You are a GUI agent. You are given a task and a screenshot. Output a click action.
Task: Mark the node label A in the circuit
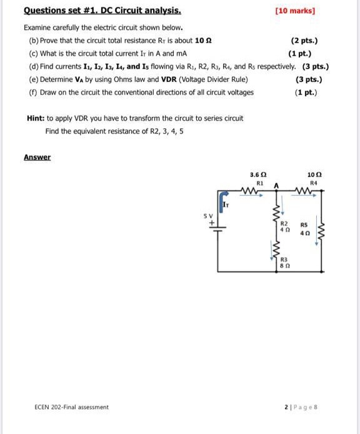(275, 184)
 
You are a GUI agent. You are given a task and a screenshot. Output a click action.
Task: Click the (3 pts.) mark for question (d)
(316, 67)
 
